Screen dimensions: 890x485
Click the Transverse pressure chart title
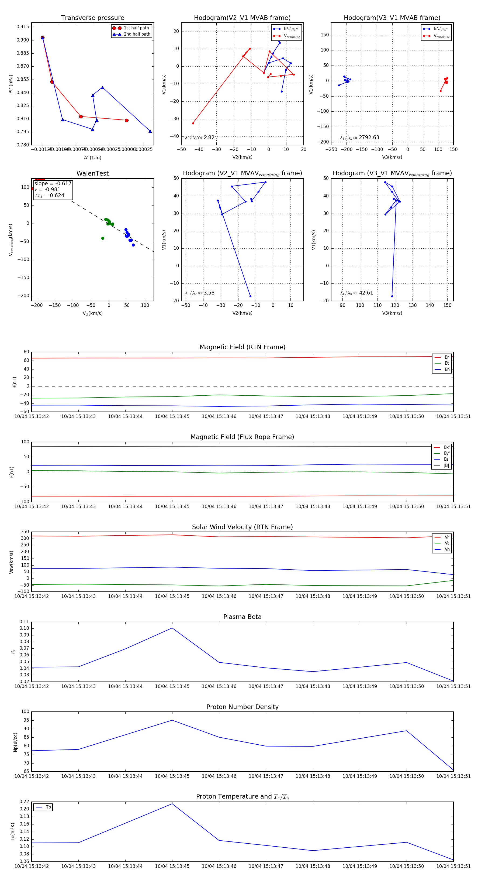92,18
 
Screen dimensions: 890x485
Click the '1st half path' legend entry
136,28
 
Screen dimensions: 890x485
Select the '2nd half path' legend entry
137,34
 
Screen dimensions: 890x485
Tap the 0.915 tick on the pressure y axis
23,27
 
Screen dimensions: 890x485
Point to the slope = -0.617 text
53,183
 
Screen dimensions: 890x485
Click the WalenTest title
92,173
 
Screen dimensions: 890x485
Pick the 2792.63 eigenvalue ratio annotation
369,138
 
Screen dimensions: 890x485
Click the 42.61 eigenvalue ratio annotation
366,293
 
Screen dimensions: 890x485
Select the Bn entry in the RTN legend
447,369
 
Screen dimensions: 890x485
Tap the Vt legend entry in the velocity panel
447,543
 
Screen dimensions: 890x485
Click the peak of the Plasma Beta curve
172,628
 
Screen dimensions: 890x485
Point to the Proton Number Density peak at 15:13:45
172,720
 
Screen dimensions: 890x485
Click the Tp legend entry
48,807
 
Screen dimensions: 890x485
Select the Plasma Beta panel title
242,617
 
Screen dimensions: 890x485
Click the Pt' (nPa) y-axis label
11,84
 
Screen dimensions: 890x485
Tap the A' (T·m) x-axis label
92,158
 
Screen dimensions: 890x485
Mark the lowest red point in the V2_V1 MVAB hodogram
193,123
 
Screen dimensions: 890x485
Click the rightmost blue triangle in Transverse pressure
150,131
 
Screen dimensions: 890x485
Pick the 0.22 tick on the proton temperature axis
24,802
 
